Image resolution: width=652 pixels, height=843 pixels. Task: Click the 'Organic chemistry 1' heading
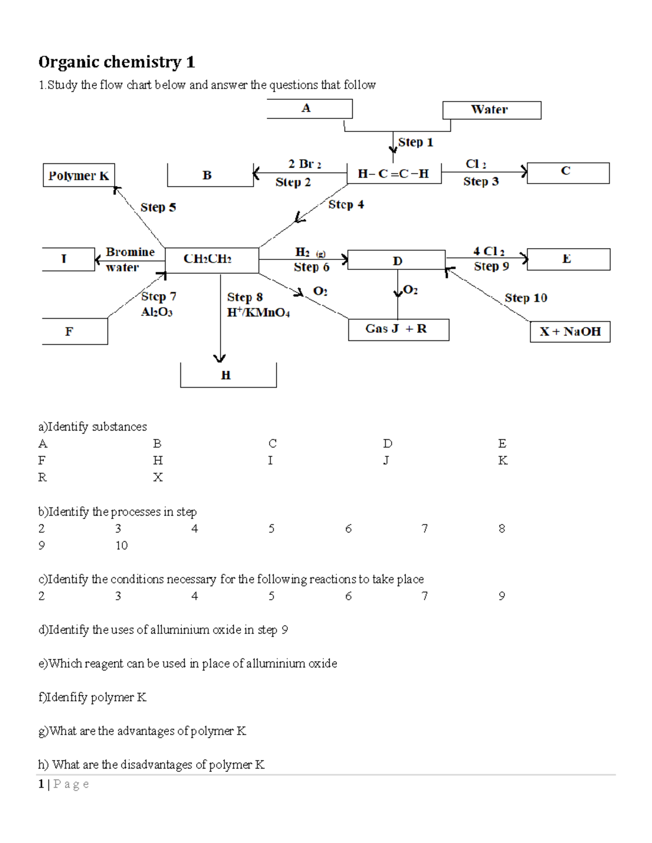pos(116,62)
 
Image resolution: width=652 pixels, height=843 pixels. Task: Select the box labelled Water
pos(491,110)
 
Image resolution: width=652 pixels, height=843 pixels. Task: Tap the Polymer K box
pos(79,176)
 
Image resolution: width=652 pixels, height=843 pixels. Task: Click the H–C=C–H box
pos(393,174)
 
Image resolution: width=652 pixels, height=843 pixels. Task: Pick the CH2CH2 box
pos(211,259)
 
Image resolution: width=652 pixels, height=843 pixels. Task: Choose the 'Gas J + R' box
pos(398,329)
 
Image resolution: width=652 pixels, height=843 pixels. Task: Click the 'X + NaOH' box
pos(570,332)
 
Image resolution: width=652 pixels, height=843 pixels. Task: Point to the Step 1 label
pos(416,142)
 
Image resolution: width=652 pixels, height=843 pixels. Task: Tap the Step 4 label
pos(346,205)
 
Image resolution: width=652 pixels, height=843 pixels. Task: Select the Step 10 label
pos(525,298)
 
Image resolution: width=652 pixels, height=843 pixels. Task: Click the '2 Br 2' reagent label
pos(304,164)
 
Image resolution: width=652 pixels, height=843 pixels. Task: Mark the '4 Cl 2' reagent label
pos(488,251)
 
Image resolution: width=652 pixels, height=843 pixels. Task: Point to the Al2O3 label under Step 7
pos(156,312)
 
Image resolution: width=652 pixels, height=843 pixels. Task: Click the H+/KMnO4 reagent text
pos(258,313)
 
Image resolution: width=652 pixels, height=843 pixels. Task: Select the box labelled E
pos(568,259)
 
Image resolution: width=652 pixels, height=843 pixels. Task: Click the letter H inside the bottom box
pos(226,375)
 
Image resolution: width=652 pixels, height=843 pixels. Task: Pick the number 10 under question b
pos(121,546)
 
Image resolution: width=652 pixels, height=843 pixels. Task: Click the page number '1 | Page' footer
pos(64,784)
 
